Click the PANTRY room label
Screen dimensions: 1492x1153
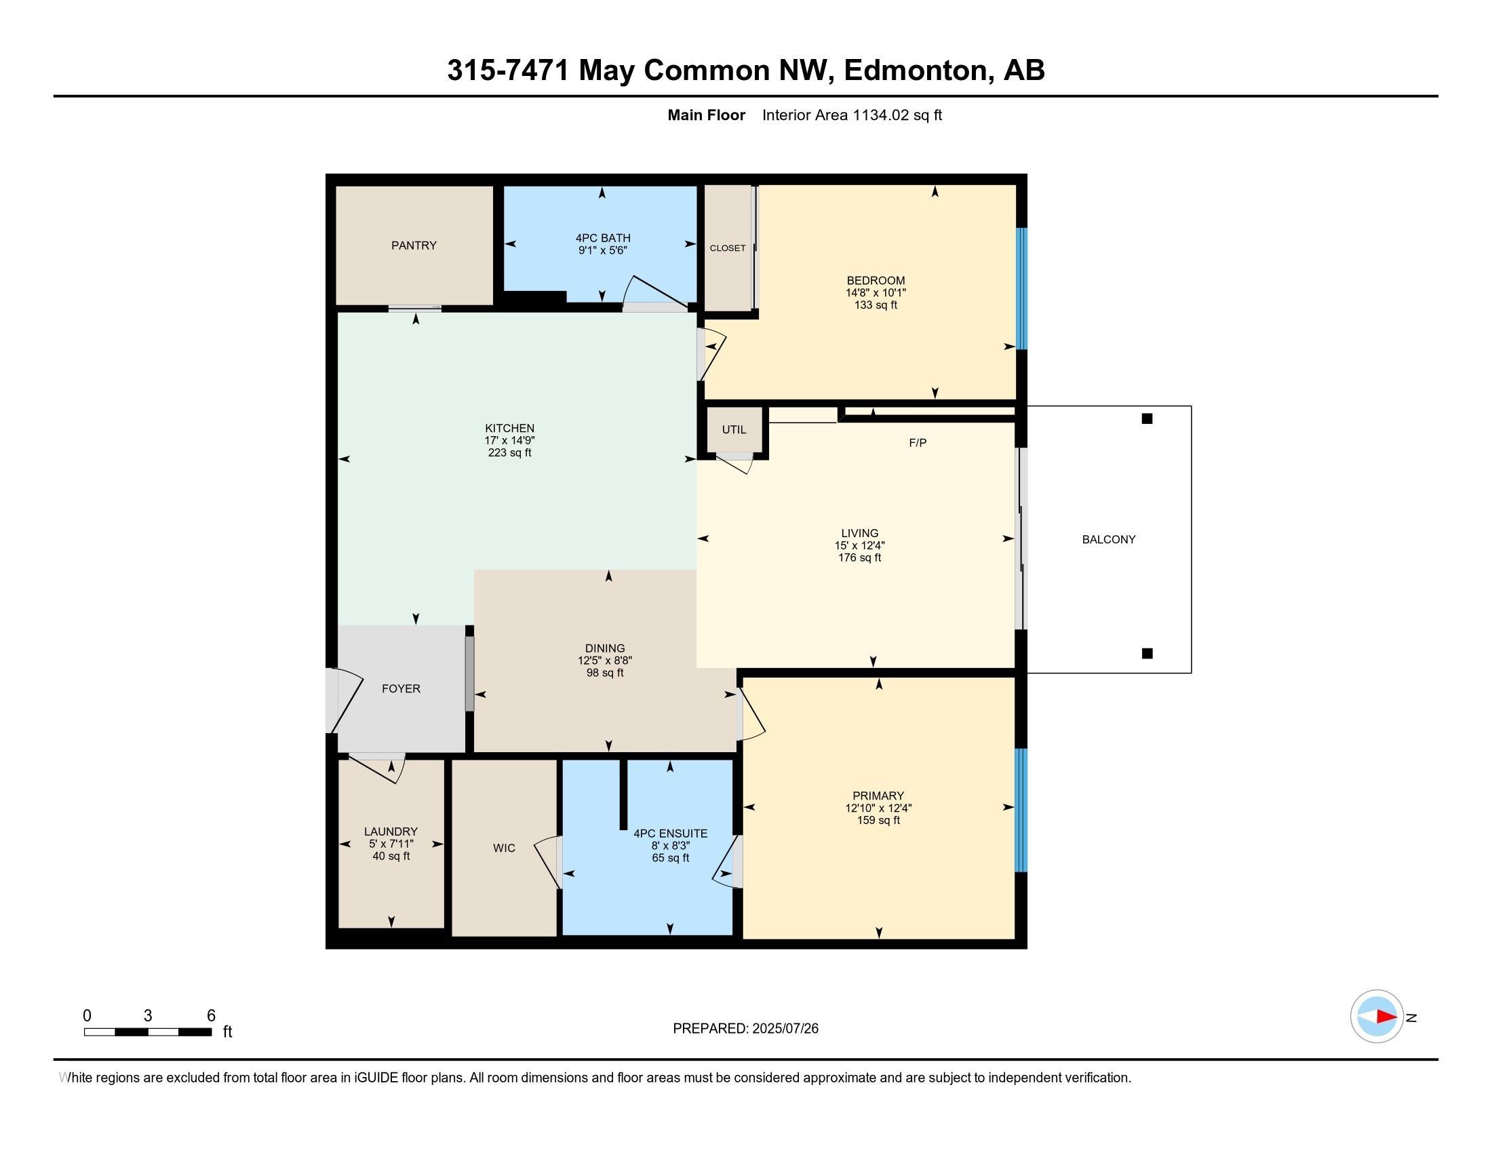click(413, 246)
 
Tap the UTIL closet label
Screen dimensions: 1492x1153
click(734, 429)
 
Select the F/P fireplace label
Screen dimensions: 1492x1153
click(918, 443)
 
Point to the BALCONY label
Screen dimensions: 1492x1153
click(1108, 539)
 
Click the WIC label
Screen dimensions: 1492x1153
click(504, 848)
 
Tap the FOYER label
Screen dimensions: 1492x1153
click(401, 688)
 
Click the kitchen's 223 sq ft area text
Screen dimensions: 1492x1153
click(509, 452)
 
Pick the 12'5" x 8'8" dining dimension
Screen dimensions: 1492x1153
click(604, 661)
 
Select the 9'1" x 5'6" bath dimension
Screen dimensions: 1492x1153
click(602, 250)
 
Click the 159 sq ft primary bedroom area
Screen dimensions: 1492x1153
click(878, 820)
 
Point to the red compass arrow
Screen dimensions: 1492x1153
click(1386, 1017)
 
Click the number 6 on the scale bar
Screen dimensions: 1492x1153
click(211, 1015)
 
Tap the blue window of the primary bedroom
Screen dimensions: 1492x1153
click(1021, 810)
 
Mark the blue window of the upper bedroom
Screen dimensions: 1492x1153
click(1021, 289)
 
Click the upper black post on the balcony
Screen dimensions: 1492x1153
click(1147, 418)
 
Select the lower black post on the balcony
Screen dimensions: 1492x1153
click(1147, 653)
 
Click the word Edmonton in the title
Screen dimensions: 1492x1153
click(918, 71)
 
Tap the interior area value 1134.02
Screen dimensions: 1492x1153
click(880, 115)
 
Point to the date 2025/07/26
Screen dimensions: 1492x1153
click(785, 1028)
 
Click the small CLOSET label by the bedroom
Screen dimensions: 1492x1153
click(728, 248)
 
